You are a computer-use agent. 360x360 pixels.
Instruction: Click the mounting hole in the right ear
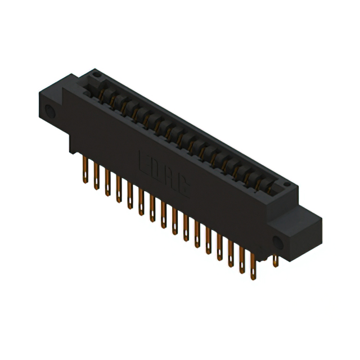point(277,242)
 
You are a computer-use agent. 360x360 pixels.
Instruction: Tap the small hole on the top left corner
point(96,74)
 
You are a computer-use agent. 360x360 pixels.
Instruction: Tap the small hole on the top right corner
point(286,184)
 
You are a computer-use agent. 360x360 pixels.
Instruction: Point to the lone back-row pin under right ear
point(275,260)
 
